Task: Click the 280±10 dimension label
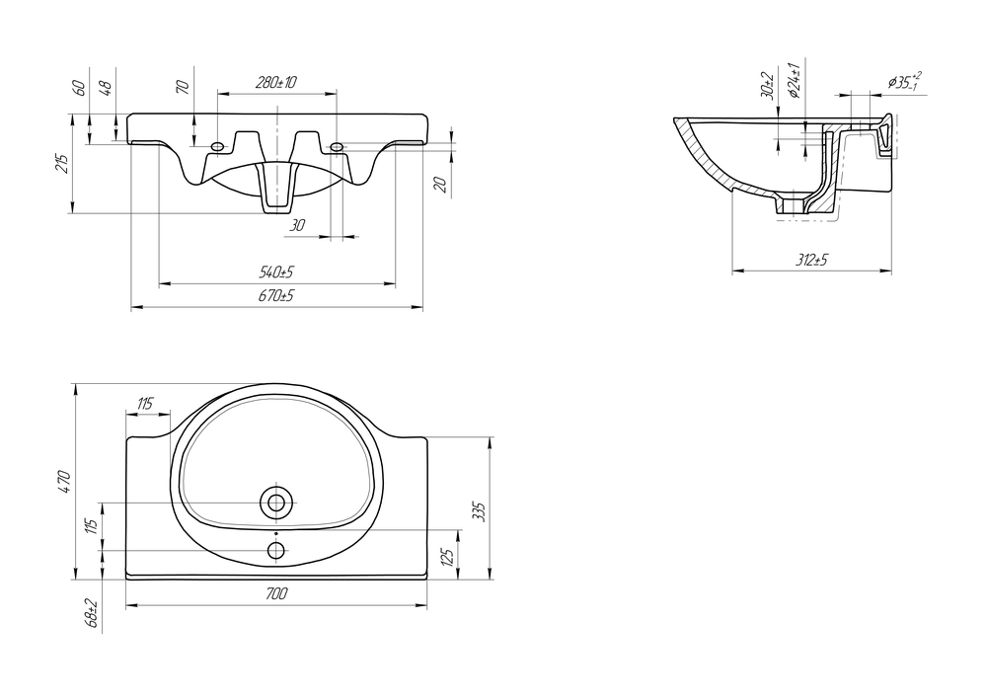pos(276,83)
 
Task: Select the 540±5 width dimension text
pos(276,272)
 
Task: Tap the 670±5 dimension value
pos(275,295)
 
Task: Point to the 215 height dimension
pos(61,163)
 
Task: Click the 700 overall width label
pos(276,593)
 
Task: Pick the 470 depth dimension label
pos(65,482)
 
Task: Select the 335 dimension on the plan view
pos(478,511)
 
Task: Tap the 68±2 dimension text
pos(93,613)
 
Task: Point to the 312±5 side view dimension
pos(811,260)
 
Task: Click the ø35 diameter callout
pos(905,82)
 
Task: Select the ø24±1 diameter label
pos(794,80)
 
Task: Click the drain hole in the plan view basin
pos(275,503)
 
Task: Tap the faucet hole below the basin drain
pos(275,551)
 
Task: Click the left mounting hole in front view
pos(217,147)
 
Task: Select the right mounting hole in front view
pos(337,147)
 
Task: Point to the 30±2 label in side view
pos(767,85)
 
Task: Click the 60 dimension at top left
pos(79,88)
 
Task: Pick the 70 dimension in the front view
pos(184,87)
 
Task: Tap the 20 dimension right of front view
pos(440,185)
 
